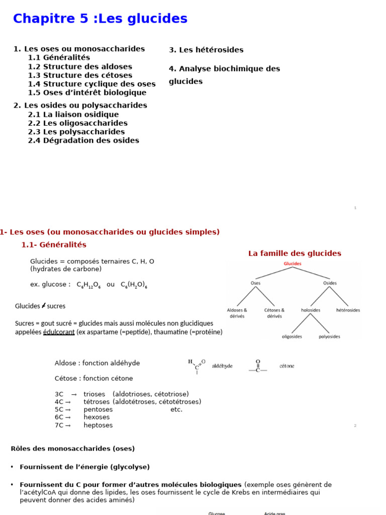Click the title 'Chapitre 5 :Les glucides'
100,19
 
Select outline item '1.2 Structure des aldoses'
80,66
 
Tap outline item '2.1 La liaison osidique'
73,114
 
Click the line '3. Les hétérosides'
206,50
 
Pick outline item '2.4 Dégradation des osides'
83,140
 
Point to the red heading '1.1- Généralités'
54,245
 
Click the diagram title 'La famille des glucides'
295,253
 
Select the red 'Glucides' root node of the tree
293,264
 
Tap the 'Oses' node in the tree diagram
255,283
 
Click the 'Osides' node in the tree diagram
330,283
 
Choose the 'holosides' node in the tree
311,310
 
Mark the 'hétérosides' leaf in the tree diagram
348,310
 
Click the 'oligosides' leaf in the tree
292,336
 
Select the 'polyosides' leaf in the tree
329,336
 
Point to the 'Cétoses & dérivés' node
274,313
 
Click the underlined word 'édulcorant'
59,332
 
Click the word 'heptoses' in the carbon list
98,425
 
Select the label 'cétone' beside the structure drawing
286,366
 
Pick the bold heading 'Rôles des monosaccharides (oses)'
73,449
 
